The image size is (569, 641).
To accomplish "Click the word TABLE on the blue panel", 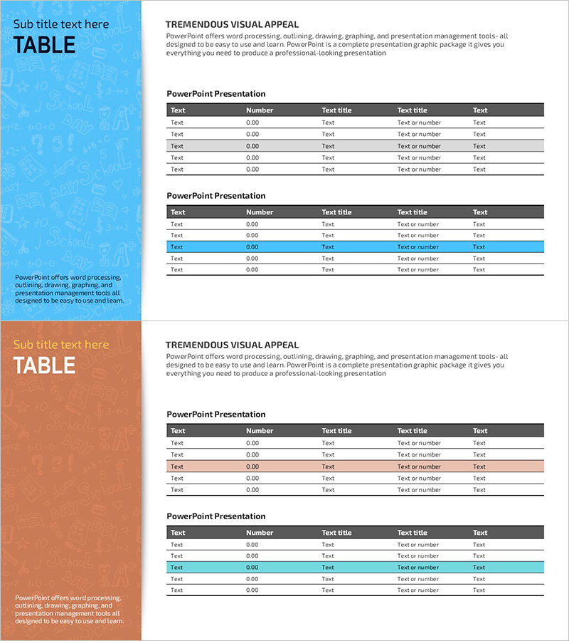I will click(x=44, y=45).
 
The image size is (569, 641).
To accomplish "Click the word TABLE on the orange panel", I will click(x=44, y=365).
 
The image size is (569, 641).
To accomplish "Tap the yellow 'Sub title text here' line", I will click(x=61, y=345).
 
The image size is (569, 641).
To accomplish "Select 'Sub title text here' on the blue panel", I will click(x=61, y=24).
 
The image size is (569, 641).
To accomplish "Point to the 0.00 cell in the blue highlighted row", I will click(x=252, y=247).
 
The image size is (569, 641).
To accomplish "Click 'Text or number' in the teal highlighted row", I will click(x=418, y=568).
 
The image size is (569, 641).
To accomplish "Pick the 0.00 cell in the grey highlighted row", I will click(x=252, y=146).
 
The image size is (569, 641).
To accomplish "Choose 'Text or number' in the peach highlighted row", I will click(x=418, y=467).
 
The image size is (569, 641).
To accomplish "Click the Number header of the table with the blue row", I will click(x=260, y=212).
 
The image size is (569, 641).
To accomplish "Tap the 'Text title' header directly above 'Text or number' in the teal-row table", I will click(x=413, y=533).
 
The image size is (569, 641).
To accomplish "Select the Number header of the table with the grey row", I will click(x=260, y=110).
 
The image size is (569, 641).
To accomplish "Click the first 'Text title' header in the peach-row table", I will click(x=336, y=431).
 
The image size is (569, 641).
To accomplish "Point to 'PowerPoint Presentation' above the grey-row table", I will click(x=216, y=94).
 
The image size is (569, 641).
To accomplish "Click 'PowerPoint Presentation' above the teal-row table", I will click(x=216, y=516).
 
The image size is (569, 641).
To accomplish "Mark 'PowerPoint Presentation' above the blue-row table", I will click(x=216, y=196).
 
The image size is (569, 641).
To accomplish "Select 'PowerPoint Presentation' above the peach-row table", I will click(x=216, y=415).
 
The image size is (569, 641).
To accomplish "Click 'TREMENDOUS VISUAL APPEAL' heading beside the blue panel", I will click(x=232, y=24).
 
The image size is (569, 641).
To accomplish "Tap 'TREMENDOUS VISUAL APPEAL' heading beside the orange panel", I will click(x=232, y=345).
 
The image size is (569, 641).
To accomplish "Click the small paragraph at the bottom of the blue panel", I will click(x=70, y=288).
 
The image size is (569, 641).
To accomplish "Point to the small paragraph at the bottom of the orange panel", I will click(x=70, y=609).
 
